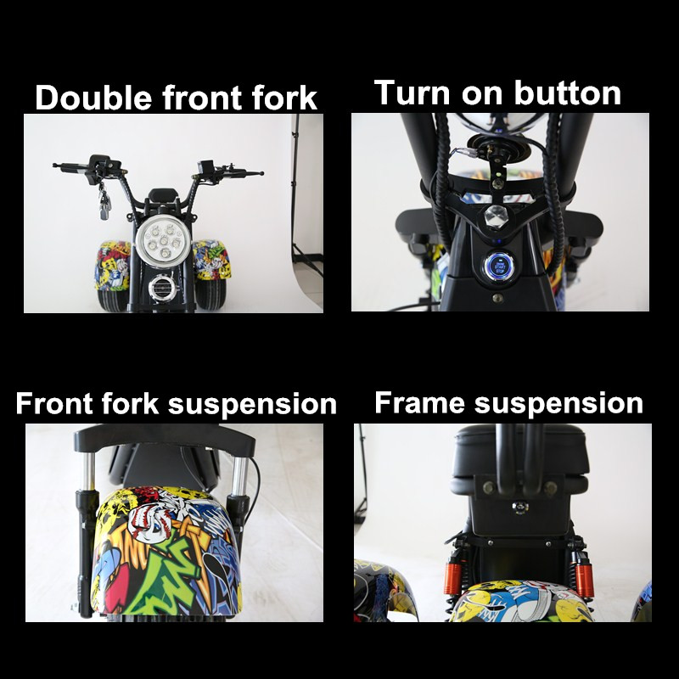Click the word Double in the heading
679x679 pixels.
93,97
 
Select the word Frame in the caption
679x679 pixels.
419,402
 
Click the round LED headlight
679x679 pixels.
163,242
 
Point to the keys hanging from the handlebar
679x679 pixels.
104,200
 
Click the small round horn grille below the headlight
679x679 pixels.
162,288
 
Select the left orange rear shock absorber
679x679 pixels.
452,576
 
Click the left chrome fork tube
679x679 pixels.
89,472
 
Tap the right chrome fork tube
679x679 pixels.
239,475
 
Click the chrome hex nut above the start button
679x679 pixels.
496,215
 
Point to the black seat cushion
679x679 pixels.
520,460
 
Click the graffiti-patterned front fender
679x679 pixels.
166,553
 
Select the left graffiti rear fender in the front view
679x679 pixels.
113,266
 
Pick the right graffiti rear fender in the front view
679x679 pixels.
211,260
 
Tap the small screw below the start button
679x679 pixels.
498,298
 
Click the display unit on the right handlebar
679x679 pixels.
205,167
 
